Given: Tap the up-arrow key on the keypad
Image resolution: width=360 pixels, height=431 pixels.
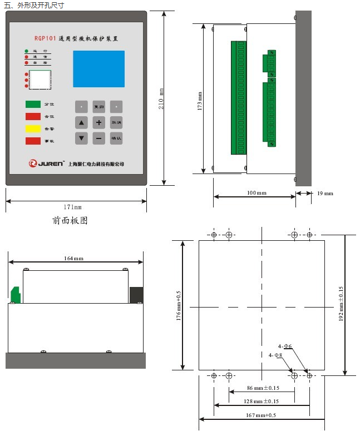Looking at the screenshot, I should click(x=82, y=122).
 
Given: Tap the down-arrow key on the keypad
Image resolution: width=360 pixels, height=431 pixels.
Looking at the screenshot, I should click(x=82, y=138).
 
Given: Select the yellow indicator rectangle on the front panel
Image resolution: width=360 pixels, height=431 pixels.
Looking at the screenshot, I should click(x=33, y=128).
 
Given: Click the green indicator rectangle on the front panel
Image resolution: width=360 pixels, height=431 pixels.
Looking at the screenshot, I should click(x=33, y=103).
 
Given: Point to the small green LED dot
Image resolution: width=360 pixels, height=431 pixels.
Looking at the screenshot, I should click(x=26, y=51).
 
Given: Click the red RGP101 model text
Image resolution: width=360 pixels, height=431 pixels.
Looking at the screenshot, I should click(x=45, y=38).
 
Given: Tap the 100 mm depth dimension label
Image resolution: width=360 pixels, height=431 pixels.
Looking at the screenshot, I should click(x=257, y=193).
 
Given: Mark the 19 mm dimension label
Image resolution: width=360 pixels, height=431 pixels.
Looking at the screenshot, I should click(x=325, y=193).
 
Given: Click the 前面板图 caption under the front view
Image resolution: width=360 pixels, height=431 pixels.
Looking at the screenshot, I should click(x=70, y=221).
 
